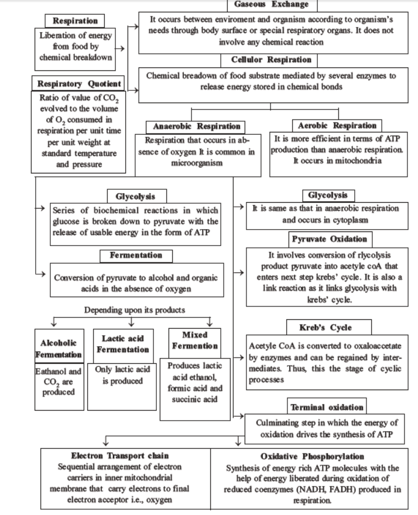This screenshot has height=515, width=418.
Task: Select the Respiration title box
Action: [75, 21]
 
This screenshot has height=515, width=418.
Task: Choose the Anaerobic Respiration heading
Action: [189, 126]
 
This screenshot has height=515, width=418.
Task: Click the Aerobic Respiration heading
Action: [337, 125]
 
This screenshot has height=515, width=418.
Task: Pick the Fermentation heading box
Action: [135, 255]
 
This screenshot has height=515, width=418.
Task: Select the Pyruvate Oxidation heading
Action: [329, 239]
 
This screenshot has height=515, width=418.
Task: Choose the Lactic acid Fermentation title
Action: [123, 344]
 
